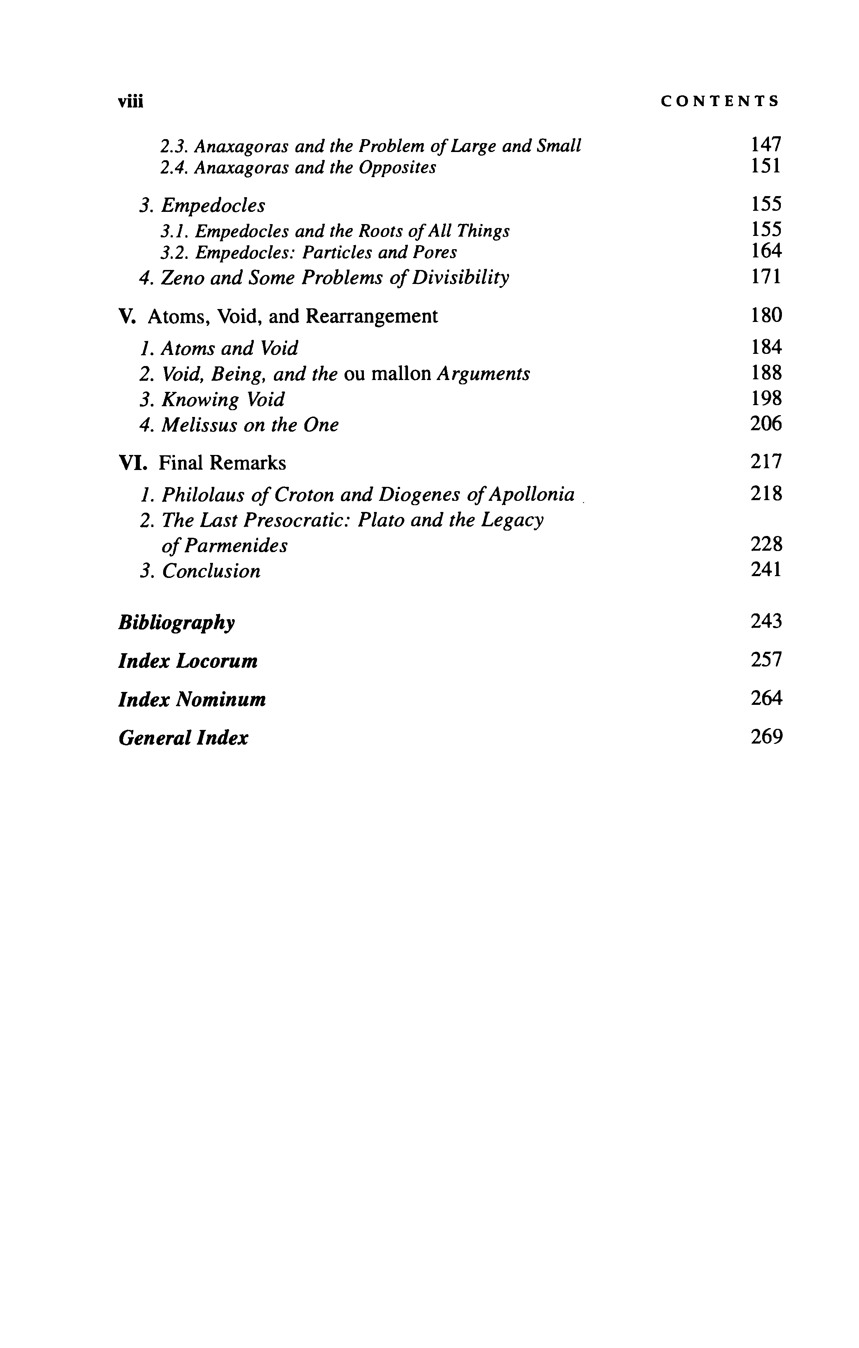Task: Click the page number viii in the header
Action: click(130, 101)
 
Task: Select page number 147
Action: click(765, 145)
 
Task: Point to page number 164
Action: click(765, 251)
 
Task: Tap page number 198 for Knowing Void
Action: click(765, 399)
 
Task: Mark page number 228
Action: click(765, 544)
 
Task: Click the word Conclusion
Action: click(211, 571)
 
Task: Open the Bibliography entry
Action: click(176, 622)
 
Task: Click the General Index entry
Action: click(183, 738)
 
